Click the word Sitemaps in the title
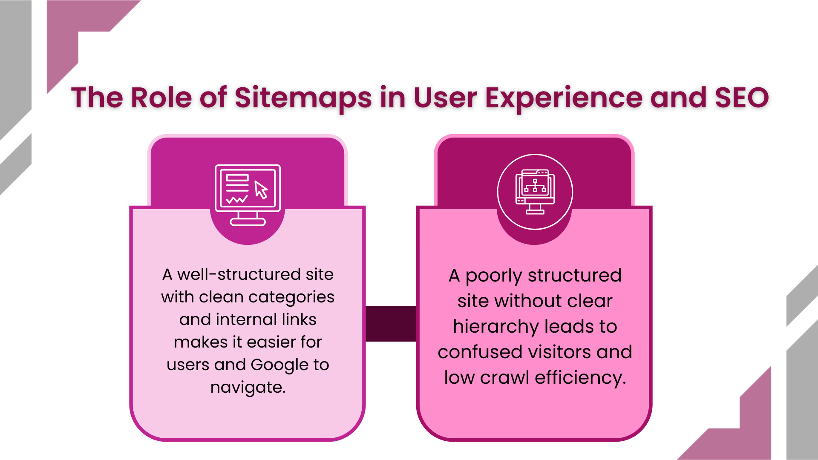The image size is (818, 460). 303,98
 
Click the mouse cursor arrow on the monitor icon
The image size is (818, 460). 261,190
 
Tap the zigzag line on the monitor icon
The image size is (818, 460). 237,200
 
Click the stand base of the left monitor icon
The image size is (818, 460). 248,221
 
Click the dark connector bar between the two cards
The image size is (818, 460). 391,323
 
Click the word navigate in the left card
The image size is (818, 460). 248,388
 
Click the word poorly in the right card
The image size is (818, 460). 493,276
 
